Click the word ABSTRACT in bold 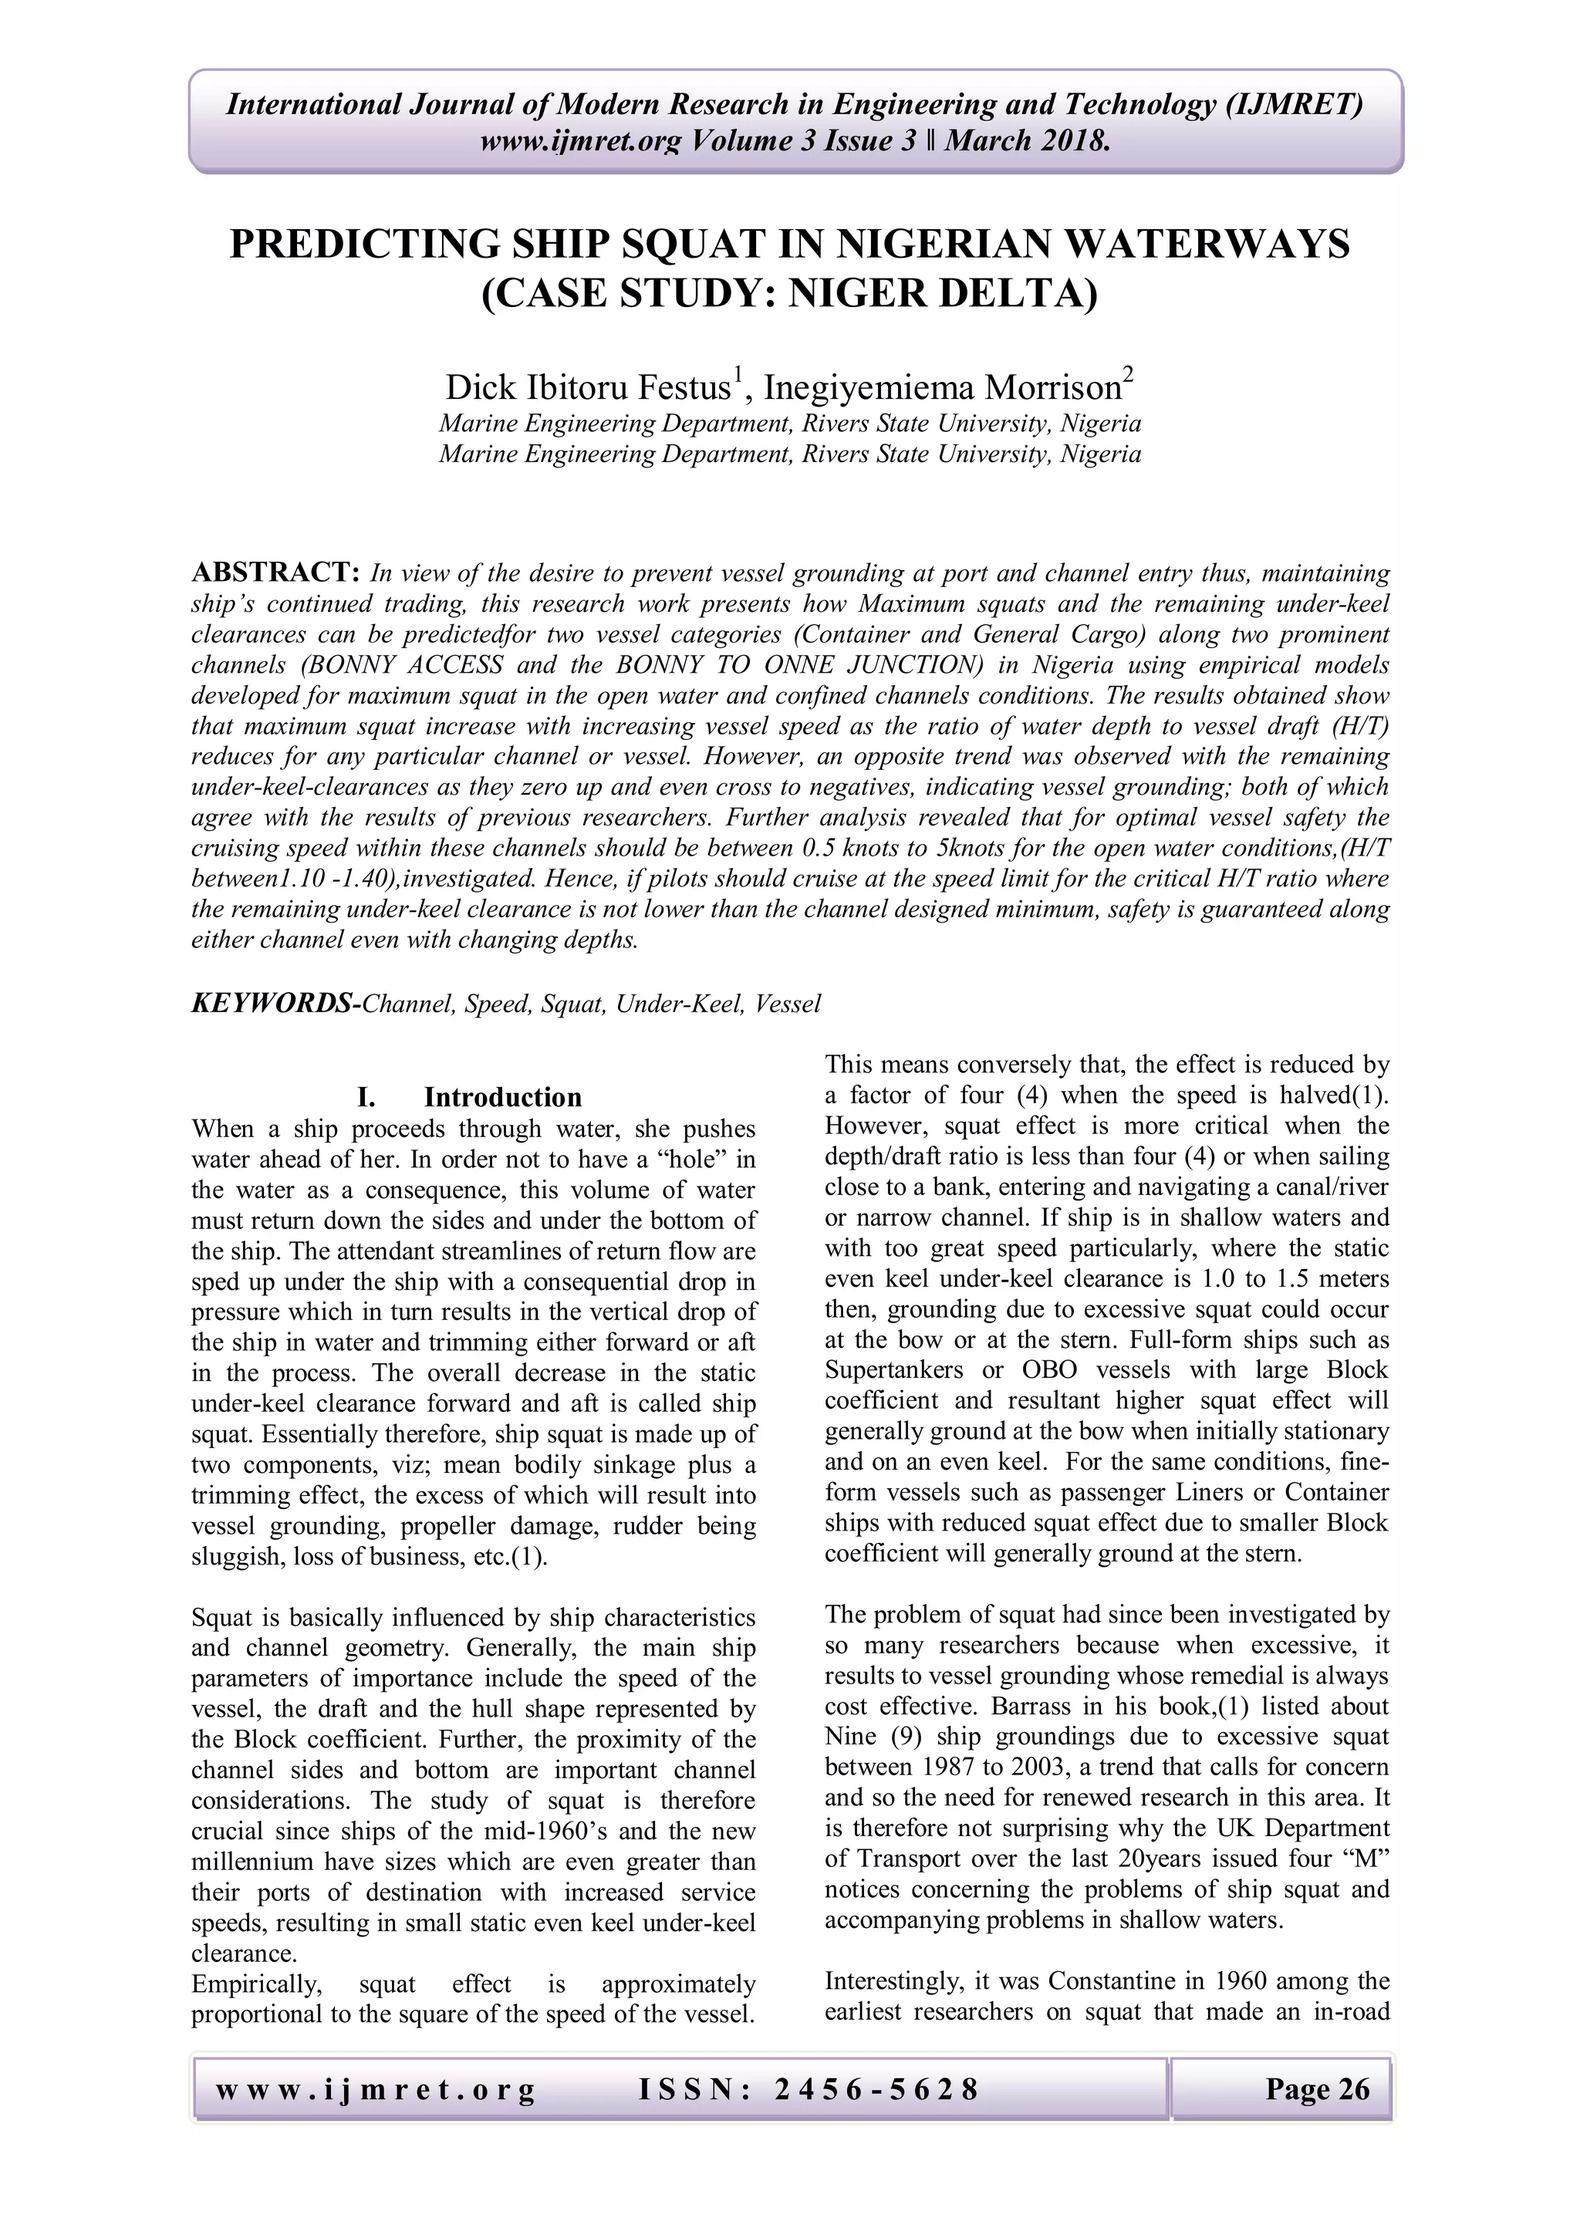pyautogui.click(x=276, y=572)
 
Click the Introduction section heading pyautogui.click(x=502, y=1097)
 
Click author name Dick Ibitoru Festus pyautogui.click(x=588, y=387)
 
